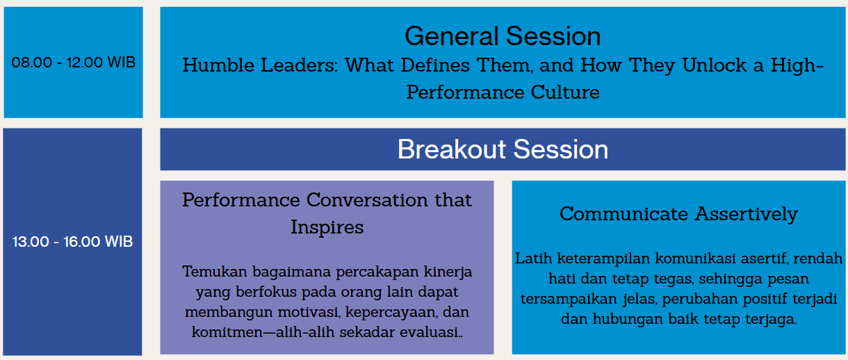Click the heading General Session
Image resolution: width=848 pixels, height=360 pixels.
[x=503, y=36]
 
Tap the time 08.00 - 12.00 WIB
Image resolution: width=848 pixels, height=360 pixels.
[x=74, y=63]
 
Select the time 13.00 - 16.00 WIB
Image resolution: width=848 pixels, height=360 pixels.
[x=73, y=242]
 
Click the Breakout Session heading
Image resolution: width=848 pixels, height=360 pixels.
[x=503, y=149]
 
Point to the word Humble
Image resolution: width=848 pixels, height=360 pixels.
[x=218, y=65]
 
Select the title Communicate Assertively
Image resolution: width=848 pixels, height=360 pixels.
[x=679, y=214]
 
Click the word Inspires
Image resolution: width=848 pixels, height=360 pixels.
[x=327, y=227]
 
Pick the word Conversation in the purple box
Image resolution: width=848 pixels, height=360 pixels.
[x=367, y=200]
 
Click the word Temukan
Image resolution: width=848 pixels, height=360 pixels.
[x=214, y=272]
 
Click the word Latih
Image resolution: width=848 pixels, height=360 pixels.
[x=534, y=259]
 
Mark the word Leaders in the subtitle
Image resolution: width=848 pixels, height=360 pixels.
[x=298, y=65]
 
